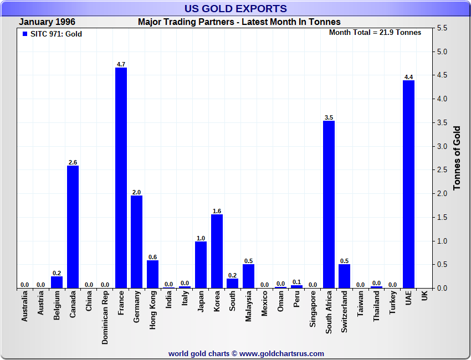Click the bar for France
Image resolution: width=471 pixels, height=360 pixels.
tap(121, 177)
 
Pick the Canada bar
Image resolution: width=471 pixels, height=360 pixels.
tap(73, 227)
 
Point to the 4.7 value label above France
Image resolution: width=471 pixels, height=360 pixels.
tap(121, 64)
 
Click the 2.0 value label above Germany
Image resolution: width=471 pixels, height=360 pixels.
tap(136, 192)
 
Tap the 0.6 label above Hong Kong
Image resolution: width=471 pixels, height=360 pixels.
tap(152, 257)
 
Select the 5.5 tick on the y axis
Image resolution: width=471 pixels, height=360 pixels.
tap(442, 28)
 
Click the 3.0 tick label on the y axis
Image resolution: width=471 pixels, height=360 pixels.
tap(442, 146)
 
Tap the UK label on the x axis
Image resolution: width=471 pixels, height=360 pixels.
tap(424, 297)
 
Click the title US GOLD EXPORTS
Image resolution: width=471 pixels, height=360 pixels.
tap(235, 8)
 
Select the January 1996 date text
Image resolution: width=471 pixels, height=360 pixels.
tap(47, 22)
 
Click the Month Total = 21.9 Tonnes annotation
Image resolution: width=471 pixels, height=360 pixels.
tap(375, 32)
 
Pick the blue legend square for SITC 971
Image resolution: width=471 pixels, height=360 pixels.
tap(24, 34)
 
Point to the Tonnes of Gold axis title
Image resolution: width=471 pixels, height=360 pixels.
tap(457, 158)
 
